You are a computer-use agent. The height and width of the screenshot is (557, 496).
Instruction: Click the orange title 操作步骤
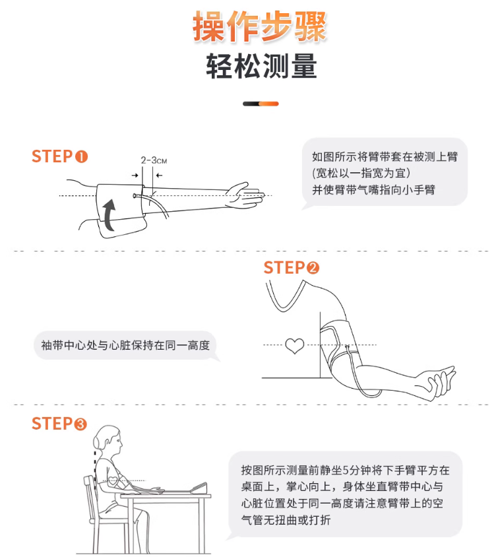(260, 27)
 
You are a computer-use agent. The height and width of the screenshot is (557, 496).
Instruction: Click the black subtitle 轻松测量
(261, 67)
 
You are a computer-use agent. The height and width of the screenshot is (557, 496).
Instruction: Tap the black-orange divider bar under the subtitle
(261, 104)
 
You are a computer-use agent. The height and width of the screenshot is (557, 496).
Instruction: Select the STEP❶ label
(59, 156)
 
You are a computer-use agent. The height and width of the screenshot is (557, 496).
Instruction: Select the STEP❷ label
(291, 267)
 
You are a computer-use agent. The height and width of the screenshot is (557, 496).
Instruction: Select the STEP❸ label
(59, 423)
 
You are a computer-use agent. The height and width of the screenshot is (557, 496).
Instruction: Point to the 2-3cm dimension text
(153, 160)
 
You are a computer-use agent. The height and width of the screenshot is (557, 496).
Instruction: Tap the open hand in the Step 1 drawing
(244, 194)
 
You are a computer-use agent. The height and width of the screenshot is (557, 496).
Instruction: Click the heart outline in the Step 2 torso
(294, 345)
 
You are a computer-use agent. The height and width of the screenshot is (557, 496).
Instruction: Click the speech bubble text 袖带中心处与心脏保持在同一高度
(125, 345)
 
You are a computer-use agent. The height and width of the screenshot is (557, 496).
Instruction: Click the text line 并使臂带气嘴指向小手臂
(373, 189)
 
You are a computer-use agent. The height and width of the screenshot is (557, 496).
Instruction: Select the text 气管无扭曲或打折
(286, 521)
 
